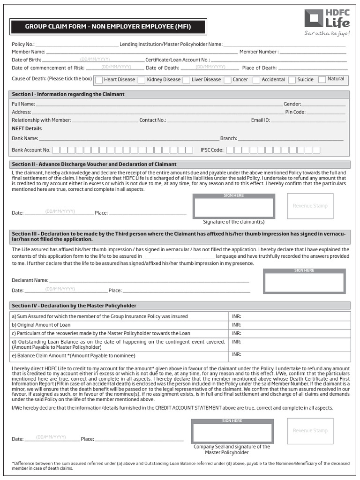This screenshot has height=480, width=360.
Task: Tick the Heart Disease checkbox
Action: tap(99, 80)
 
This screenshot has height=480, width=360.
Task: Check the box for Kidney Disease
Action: tap(142, 80)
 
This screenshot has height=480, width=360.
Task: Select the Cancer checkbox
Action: tap(227, 80)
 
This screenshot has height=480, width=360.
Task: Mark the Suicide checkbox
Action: tap(292, 80)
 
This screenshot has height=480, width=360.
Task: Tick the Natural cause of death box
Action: tap(322, 80)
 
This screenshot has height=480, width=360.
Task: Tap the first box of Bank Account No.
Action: tap(56, 150)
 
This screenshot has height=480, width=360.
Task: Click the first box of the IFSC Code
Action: tap(230, 150)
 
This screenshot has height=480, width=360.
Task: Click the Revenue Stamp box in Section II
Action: tap(310, 206)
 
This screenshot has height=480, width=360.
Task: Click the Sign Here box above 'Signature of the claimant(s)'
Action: tap(233, 206)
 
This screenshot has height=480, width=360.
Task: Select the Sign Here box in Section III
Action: tap(304, 281)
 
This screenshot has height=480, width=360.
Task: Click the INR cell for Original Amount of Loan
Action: tap(290, 325)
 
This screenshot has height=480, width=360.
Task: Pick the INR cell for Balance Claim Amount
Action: tap(290, 356)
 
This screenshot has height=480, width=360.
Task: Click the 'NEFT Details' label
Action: tap(27, 128)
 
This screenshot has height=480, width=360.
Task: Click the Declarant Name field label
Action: tap(30, 280)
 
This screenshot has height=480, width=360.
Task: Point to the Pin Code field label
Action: tap(295, 112)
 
